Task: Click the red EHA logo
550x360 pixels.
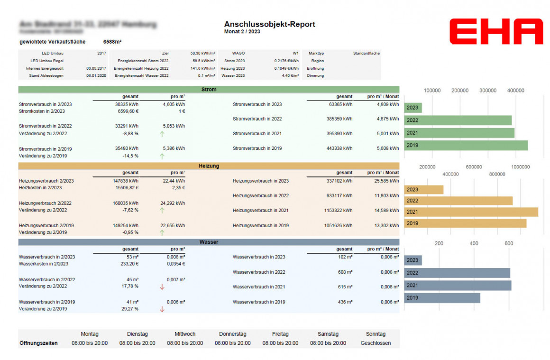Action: (x=496, y=32)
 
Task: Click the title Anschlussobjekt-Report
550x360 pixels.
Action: (x=269, y=24)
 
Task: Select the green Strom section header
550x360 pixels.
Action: (x=209, y=89)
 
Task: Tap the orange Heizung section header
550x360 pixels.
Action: (x=209, y=166)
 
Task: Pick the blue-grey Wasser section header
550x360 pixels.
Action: (x=209, y=242)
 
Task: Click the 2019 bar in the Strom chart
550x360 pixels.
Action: (x=466, y=145)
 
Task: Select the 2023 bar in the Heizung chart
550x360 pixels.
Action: (x=423, y=190)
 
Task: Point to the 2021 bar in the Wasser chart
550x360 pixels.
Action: (x=458, y=286)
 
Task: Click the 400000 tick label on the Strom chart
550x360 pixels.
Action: (x=515, y=90)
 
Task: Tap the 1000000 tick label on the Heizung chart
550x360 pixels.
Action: (x=520, y=167)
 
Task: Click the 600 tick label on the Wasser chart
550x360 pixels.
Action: (x=509, y=243)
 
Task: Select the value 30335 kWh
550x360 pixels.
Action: (x=127, y=104)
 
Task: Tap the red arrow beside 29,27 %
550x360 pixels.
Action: (x=162, y=309)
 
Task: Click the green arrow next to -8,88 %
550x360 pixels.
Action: (x=162, y=134)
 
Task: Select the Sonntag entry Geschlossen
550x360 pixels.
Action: (x=376, y=343)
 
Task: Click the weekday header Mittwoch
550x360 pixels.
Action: (x=185, y=334)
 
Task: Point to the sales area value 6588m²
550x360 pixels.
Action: (x=112, y=42)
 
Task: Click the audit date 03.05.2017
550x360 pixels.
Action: (x=96, y=68)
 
